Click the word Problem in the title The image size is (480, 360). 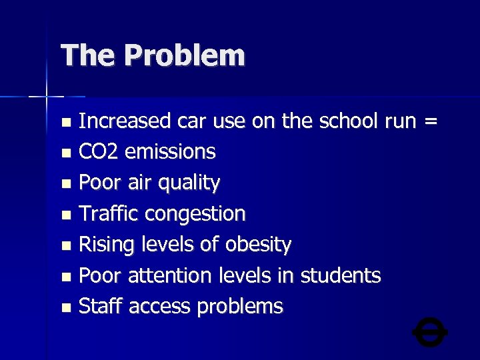coord(184,55)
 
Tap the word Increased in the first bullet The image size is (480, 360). coord(125,121)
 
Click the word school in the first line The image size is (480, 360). coord(347,121)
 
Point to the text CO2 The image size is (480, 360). coord(99,152)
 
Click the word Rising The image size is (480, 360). coord(107,245)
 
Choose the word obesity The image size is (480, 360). coord(258,245)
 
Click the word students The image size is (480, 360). coord(341,275)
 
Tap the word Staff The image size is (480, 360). coord(101,306)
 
